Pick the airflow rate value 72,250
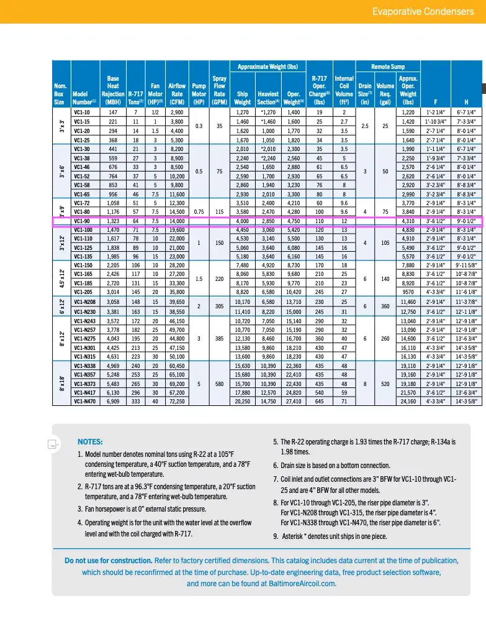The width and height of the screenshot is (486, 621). [176, 401]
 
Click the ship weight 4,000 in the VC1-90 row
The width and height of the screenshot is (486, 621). [242, 221]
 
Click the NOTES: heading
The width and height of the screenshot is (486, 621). [90, 441]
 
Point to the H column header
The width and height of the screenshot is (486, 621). [466, 102]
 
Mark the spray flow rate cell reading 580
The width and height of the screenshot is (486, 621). [219, 383]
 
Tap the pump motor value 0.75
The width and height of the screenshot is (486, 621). [199, 212]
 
